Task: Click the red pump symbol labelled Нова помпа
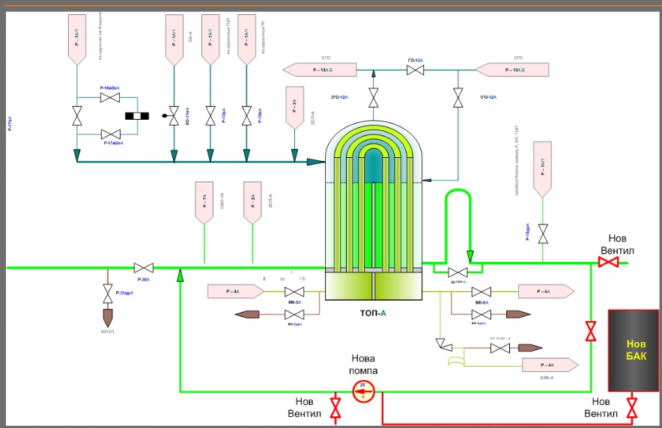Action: [363, 390]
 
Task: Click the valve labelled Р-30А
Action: [143, 267]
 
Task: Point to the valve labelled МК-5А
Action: [297, 291]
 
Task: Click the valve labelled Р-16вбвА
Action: [110, 98]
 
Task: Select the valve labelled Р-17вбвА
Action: [110, 133]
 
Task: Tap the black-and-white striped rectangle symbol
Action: [137, 116]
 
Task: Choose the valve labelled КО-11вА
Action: [174, 117]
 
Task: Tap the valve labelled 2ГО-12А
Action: [373, 98]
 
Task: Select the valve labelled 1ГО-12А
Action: [458, 98]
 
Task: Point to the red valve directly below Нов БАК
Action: [632, 409]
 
